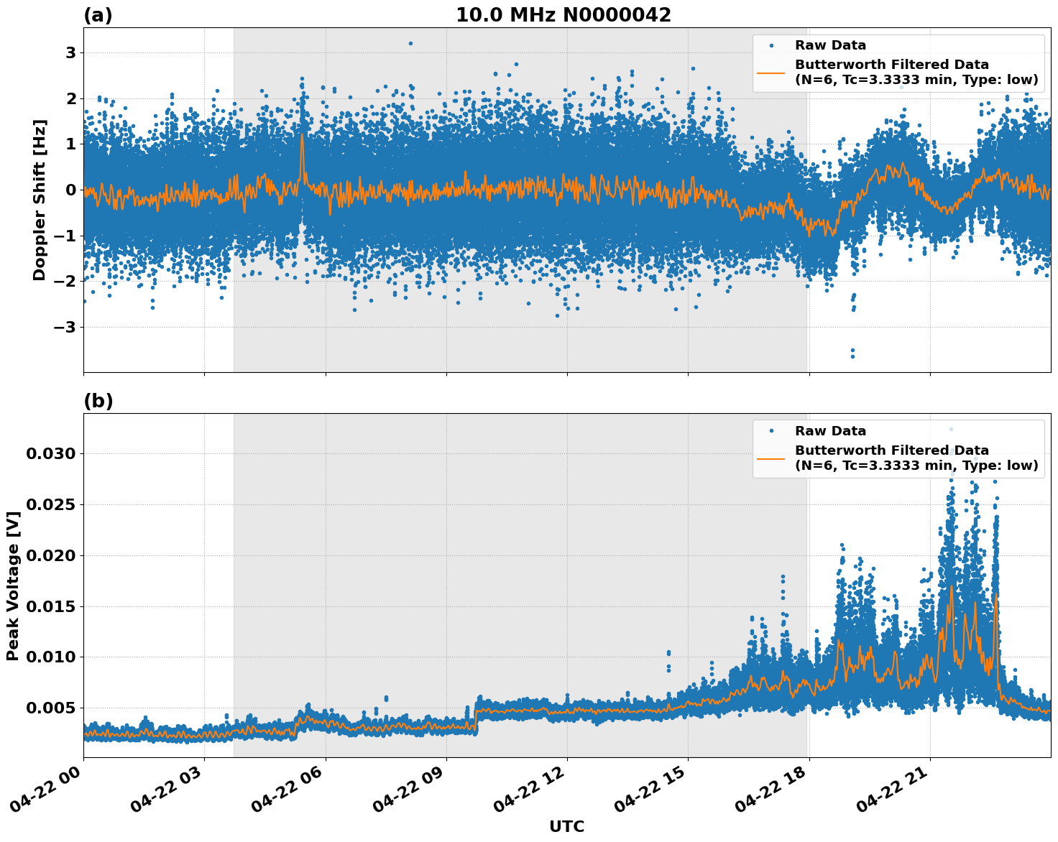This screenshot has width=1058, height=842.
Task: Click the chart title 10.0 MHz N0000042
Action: tap(563, 15)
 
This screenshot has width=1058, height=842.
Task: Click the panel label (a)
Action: tap(98, 15)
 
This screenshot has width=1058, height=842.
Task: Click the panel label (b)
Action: tap(98, 401)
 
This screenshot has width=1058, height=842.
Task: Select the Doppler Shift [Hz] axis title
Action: tap(40, 200)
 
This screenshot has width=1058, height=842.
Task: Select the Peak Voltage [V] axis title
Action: tap(13, 585)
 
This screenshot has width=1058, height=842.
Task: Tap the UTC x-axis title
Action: tap(566, 826)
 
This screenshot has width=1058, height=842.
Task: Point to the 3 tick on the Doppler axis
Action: tap(71, 53)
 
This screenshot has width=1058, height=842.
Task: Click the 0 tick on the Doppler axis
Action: tap(71, 190)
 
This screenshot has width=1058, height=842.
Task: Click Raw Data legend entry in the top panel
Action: tap(830, 46)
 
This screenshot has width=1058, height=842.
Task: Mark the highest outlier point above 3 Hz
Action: tap(410, 43)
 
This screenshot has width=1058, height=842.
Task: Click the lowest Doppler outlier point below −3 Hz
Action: tap(852, 356)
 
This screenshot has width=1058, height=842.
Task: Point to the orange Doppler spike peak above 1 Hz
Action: tap(302, 134)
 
